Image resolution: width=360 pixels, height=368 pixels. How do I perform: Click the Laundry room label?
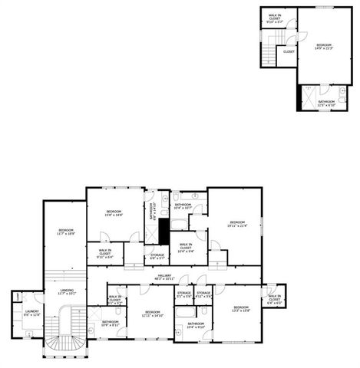pos(31,313)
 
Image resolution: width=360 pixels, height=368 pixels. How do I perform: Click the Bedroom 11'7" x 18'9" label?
pos(66,232)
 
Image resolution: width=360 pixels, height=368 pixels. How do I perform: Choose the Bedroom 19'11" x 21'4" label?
pos(236,224)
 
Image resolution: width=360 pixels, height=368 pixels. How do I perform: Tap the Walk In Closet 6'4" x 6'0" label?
pos(274,300)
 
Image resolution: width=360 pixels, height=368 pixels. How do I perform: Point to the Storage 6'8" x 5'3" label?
pos(157,256)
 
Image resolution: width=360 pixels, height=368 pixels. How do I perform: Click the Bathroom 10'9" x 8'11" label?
pos(110,323)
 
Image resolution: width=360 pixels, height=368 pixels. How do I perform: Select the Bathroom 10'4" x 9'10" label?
pos(196,325)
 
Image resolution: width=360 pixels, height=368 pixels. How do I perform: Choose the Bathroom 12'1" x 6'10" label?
pos(326,103)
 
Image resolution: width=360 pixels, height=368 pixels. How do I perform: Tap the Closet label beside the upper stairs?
pos(289,52)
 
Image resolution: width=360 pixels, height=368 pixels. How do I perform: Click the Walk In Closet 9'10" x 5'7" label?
pos(274,18)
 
